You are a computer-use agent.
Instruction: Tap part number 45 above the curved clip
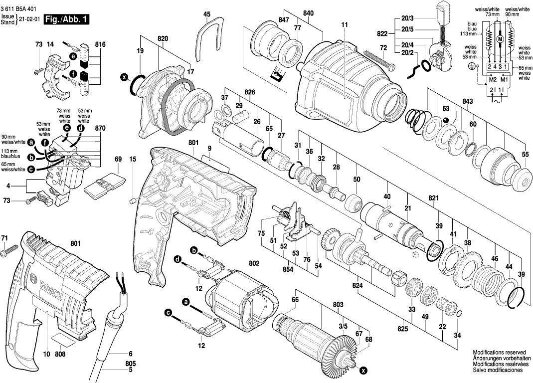[207, 14]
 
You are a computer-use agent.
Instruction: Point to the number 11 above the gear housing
[345, 24]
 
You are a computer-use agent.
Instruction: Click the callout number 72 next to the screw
[383, 47]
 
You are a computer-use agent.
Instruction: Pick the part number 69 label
[118, 159]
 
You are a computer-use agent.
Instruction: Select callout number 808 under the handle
[60, 355]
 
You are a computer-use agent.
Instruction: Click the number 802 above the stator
[254, 263]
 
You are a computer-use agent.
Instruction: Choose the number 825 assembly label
[403, 329]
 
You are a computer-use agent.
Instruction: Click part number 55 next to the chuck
[525, 155]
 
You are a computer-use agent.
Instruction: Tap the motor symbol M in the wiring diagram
[500, 39]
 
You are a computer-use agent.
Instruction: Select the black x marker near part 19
[124, 77]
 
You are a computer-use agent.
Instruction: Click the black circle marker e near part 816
[73, 56]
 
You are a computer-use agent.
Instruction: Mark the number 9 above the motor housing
[210, 148]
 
